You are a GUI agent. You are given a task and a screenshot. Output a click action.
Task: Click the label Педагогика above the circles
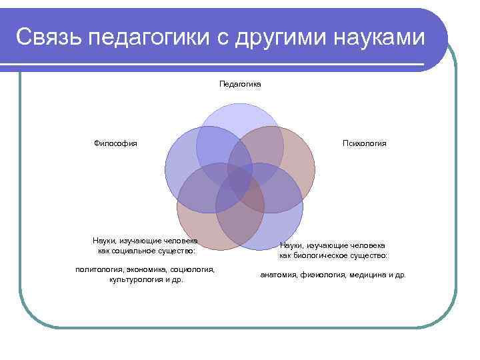(240, 84)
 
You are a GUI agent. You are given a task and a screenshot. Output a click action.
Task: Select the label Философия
(115, 143)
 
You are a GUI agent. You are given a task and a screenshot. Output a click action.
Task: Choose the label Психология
(364, 143)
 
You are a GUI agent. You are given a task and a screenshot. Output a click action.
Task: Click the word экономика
(145, 269)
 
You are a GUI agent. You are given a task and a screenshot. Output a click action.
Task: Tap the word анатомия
(278, 275)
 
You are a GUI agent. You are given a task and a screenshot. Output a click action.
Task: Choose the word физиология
(323, 275)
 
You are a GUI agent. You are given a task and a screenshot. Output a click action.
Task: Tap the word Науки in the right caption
(291, 245)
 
